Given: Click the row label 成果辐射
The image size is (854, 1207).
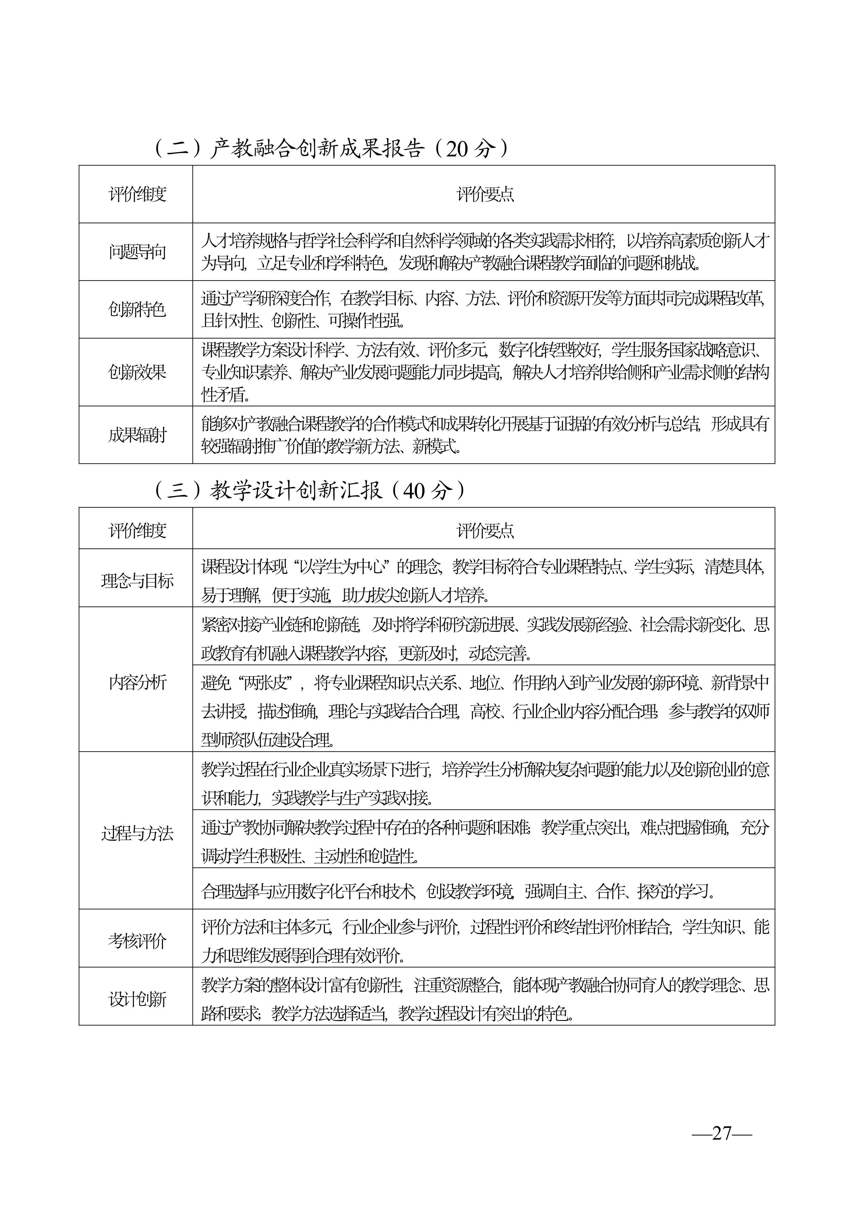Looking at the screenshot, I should (137, 435).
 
